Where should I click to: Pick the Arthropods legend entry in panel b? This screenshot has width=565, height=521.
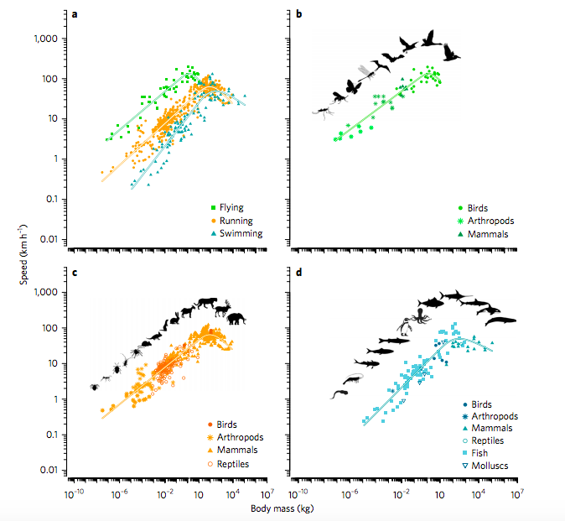tap(485, 220)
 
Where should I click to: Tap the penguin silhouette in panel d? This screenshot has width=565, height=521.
tap(403, 326)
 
